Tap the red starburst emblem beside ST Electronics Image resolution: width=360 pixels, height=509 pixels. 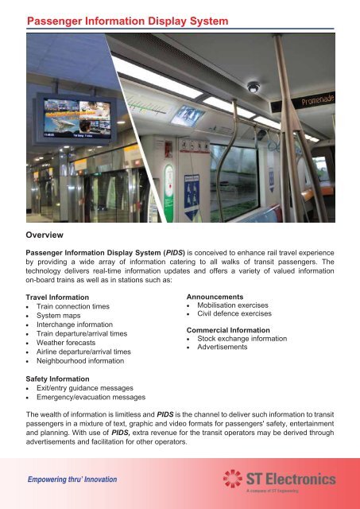point(234,480)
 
